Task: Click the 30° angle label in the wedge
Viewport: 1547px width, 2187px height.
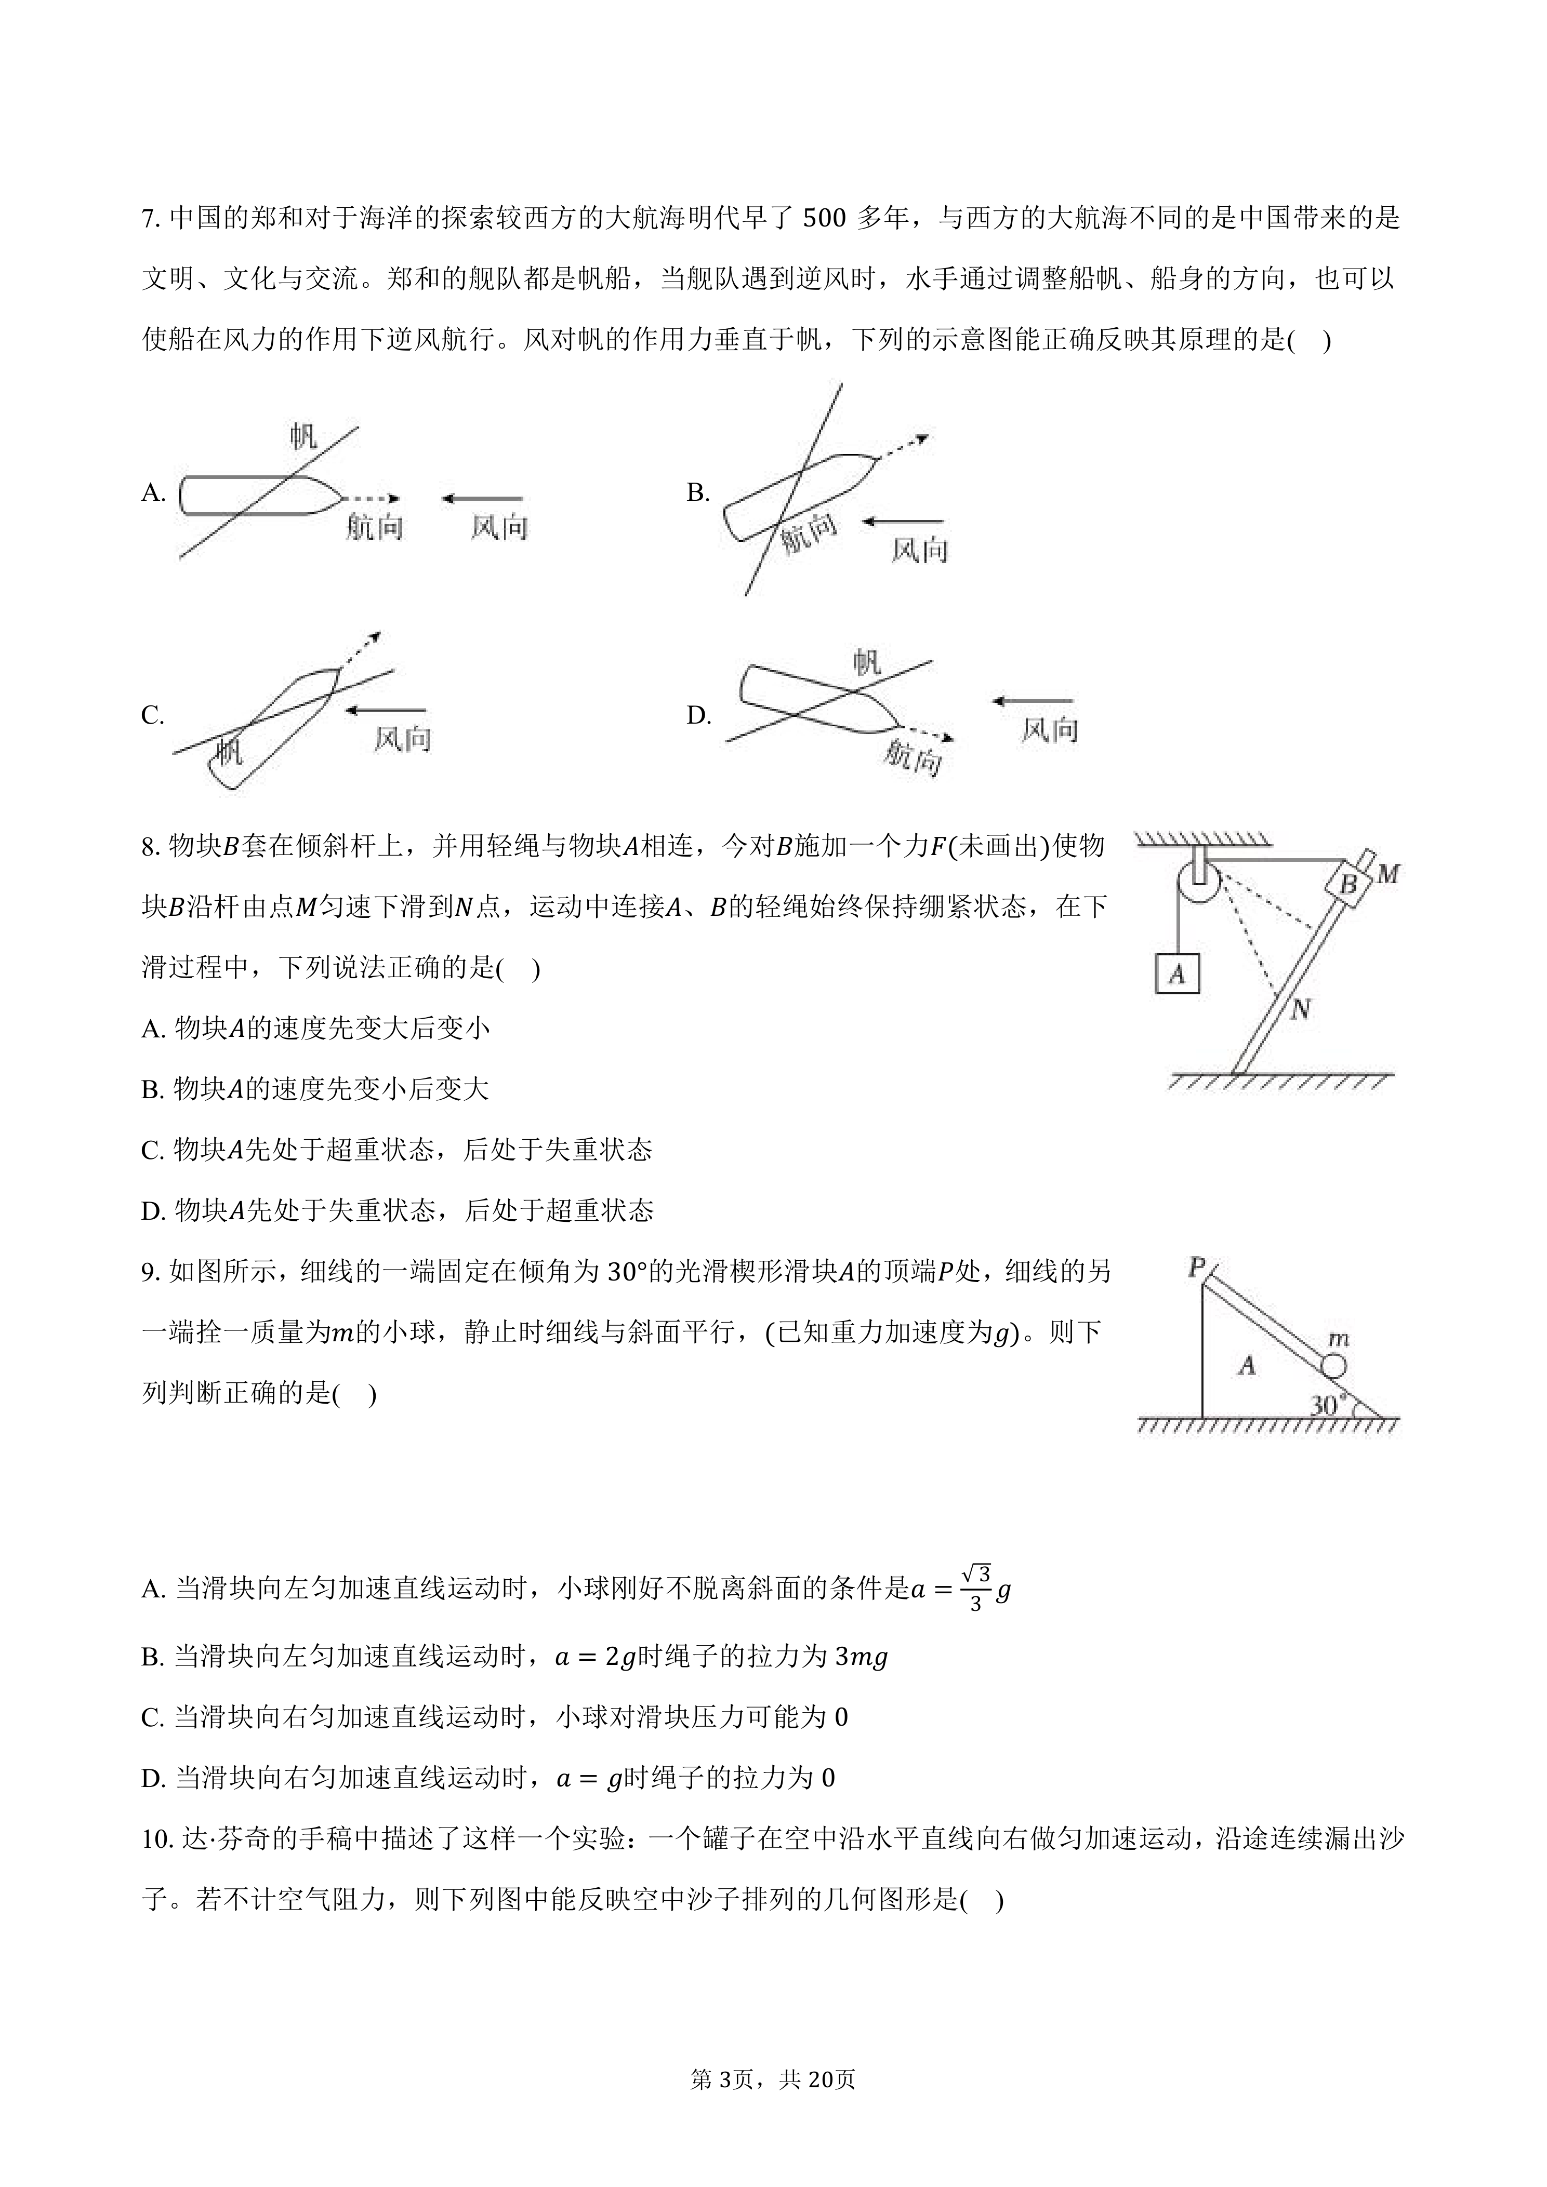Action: tap(1328, 1404)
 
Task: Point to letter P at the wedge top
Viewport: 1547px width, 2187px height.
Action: tap(1196, 1268)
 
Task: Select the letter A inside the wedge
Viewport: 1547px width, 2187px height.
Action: tap(1247, 1366)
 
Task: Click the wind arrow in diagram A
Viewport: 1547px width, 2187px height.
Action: tap(482, 498)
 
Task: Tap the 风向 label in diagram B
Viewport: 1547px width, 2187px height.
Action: tap(919, 550)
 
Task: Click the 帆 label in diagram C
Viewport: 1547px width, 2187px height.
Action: tap(230, 752)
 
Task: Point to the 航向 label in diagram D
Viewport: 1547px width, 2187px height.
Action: tap(911, 759)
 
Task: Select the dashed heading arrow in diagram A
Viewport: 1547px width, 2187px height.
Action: tap(373, 498)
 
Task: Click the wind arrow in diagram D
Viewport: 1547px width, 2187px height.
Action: tap(1033, 701)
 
